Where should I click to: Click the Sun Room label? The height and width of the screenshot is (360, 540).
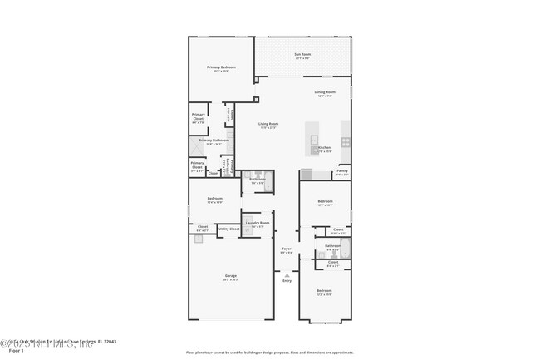click(x=302, y=55)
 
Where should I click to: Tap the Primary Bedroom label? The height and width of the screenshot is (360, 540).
click(x=221, y=67)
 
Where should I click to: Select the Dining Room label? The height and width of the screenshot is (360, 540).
click(x=324, y=92)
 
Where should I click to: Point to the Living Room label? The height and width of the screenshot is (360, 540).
click(x=268, y=124)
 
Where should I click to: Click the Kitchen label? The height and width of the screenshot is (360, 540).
click(x=324, y=148)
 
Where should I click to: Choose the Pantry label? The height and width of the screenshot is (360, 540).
click(x=341, y=171)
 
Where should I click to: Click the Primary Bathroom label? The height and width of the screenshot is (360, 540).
click(x=214, y=141)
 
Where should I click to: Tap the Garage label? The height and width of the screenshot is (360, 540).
click(x=230, y=276)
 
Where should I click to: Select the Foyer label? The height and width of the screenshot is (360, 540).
click(x=286, y=249)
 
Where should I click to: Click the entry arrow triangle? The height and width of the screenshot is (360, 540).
click(x=287, y=274)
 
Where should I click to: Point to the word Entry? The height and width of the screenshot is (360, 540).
click(x=287, y=281)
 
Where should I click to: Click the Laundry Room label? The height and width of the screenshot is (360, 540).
click(x=258, y=223)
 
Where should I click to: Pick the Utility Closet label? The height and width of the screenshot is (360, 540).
click(x=228, y=228)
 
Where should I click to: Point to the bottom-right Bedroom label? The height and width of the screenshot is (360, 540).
click(x=324, y=291)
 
